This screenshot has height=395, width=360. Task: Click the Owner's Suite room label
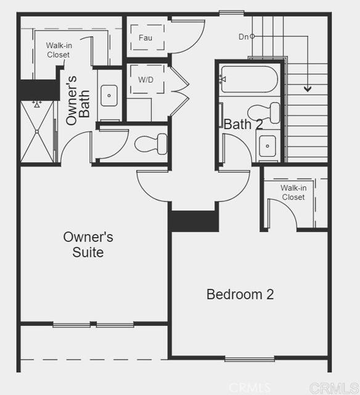click(88, 244)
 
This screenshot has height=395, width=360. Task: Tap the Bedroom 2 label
click(240, 294)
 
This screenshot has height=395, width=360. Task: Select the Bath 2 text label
click(243, 124)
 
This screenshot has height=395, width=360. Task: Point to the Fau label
click(145, 38)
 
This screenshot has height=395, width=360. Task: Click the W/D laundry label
click(145, 80)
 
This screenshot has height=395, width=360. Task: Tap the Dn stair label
click(243, 36)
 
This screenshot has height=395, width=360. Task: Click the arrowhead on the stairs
click(307, 89)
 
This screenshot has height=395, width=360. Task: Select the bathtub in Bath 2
click(249, 80)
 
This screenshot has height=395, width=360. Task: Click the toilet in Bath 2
click(270, 113)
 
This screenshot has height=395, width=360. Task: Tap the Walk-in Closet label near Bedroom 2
click(293, 193)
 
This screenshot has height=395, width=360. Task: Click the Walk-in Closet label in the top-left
click(58, 50)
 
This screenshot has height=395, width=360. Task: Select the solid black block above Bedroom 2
click(194, 221)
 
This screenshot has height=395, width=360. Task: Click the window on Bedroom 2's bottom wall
click(249, 358)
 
